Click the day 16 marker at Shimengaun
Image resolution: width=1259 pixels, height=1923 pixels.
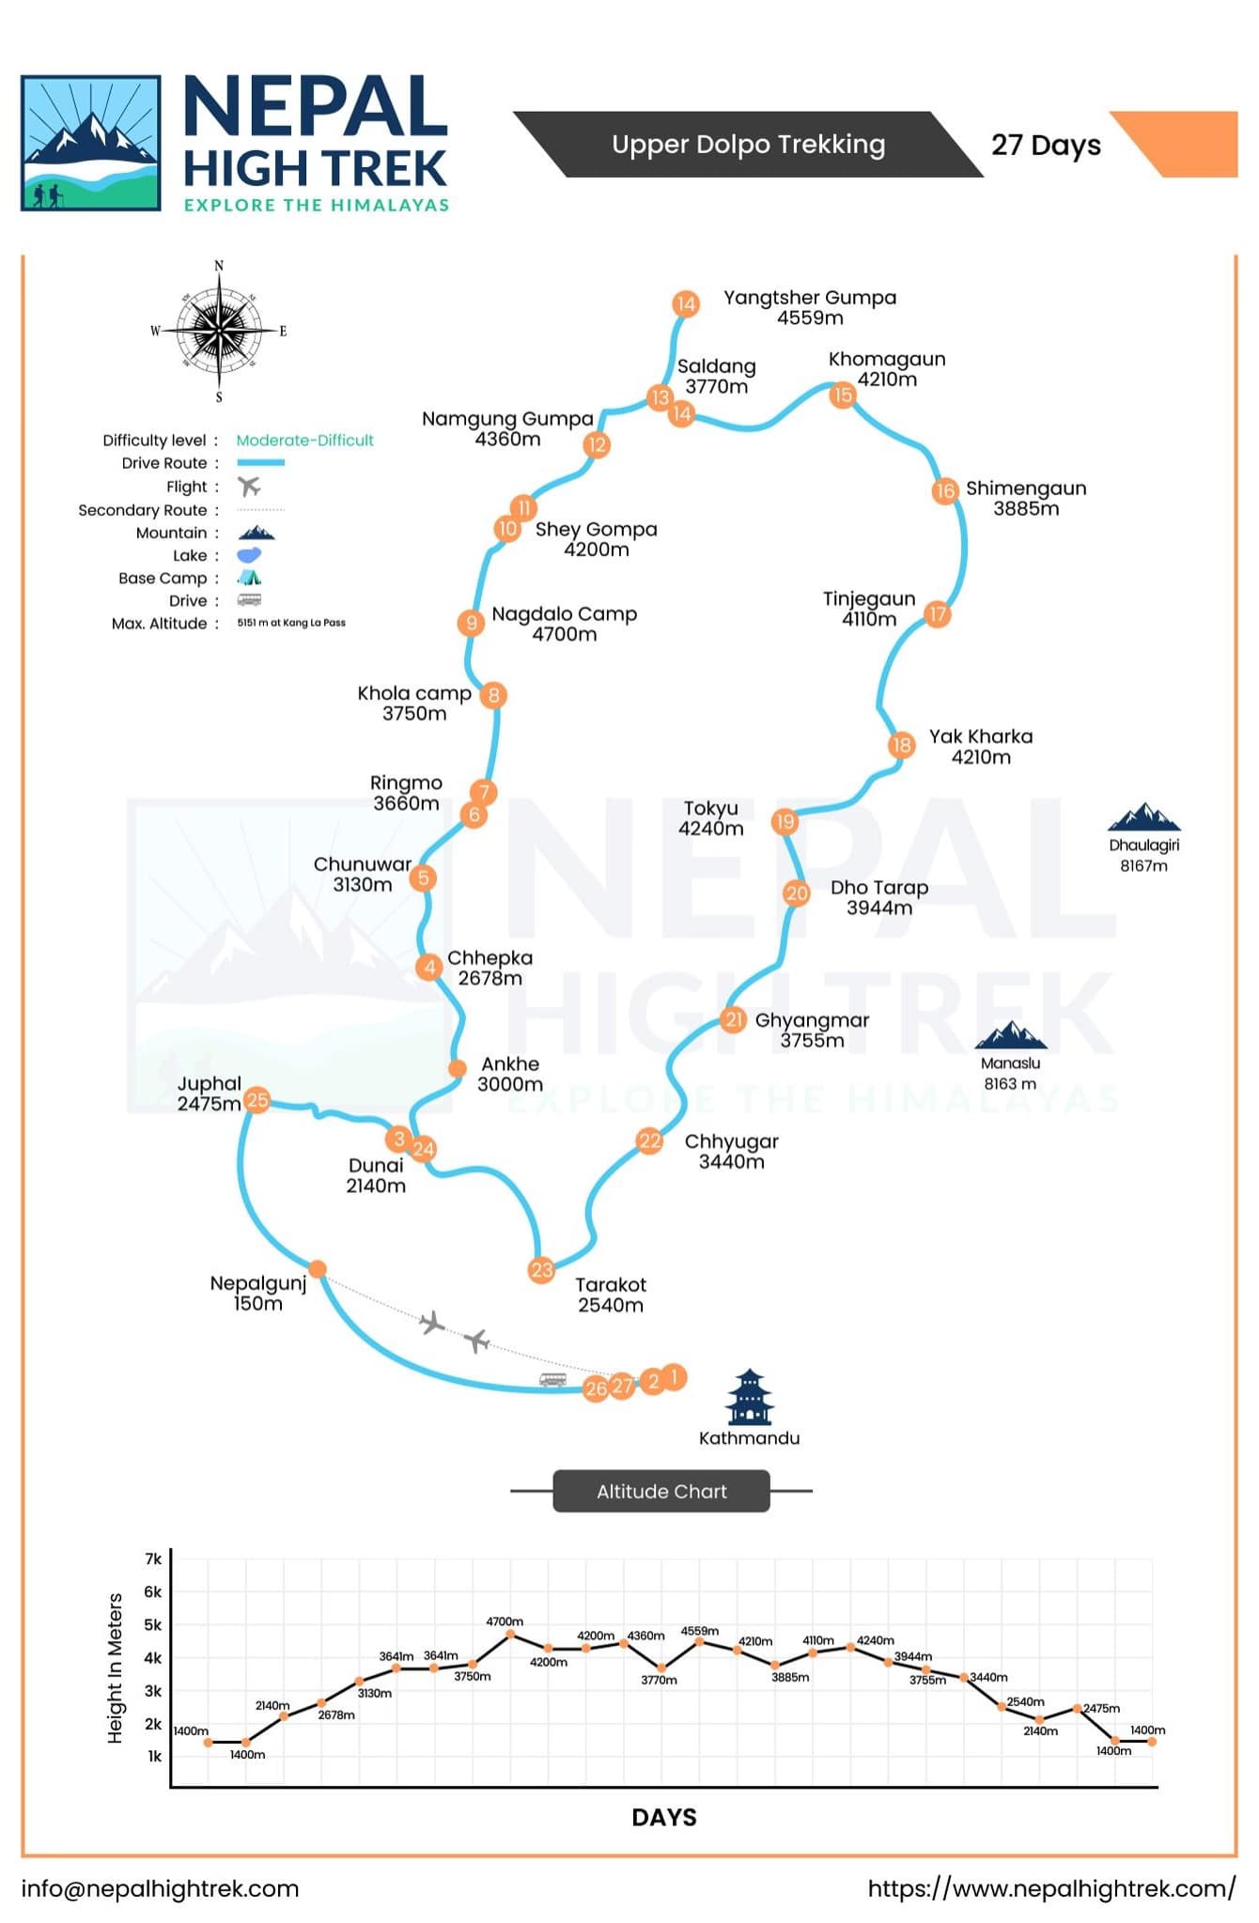click(x=944, y=489)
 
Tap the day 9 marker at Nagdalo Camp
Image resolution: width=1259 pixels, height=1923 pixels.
click(x=471, y=622)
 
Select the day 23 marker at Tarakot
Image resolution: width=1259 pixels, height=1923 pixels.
click(x=542, y=1270)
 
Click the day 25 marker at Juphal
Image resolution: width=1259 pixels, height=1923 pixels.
click(x=256, y=1100)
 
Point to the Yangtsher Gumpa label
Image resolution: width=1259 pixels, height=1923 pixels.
click(x=810, y=307)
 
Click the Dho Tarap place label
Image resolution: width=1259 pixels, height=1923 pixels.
click(x=879, y=897)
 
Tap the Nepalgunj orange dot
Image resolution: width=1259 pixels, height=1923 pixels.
click(x=318, y=1269)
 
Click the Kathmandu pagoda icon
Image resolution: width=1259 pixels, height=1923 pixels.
click(x=749, y=1396)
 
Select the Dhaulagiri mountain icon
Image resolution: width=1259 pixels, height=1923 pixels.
click(x=1143, y=816)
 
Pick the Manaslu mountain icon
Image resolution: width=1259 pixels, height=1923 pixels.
click(x=1010, y=1034)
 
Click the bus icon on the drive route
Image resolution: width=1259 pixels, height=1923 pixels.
click(x=552, y=1379)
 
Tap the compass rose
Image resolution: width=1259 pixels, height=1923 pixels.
click(x=219, y=331)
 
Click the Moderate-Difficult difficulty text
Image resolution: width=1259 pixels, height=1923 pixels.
click(x=304, y=440)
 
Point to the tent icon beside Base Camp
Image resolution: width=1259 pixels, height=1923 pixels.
click(x=249, y=578)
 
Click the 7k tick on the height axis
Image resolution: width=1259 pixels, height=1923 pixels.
click(x=153, y=1559)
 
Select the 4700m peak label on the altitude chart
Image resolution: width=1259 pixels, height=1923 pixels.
click(x=505, y=1621)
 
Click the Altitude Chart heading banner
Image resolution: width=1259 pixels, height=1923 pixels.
click(x=661, y=1491)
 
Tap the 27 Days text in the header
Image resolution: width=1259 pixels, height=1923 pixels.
click(x=1046, y=145)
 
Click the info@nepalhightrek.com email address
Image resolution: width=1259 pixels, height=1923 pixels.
click(x=160, y=1888)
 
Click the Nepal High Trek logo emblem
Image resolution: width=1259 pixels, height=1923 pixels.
click(x=91, y=143)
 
